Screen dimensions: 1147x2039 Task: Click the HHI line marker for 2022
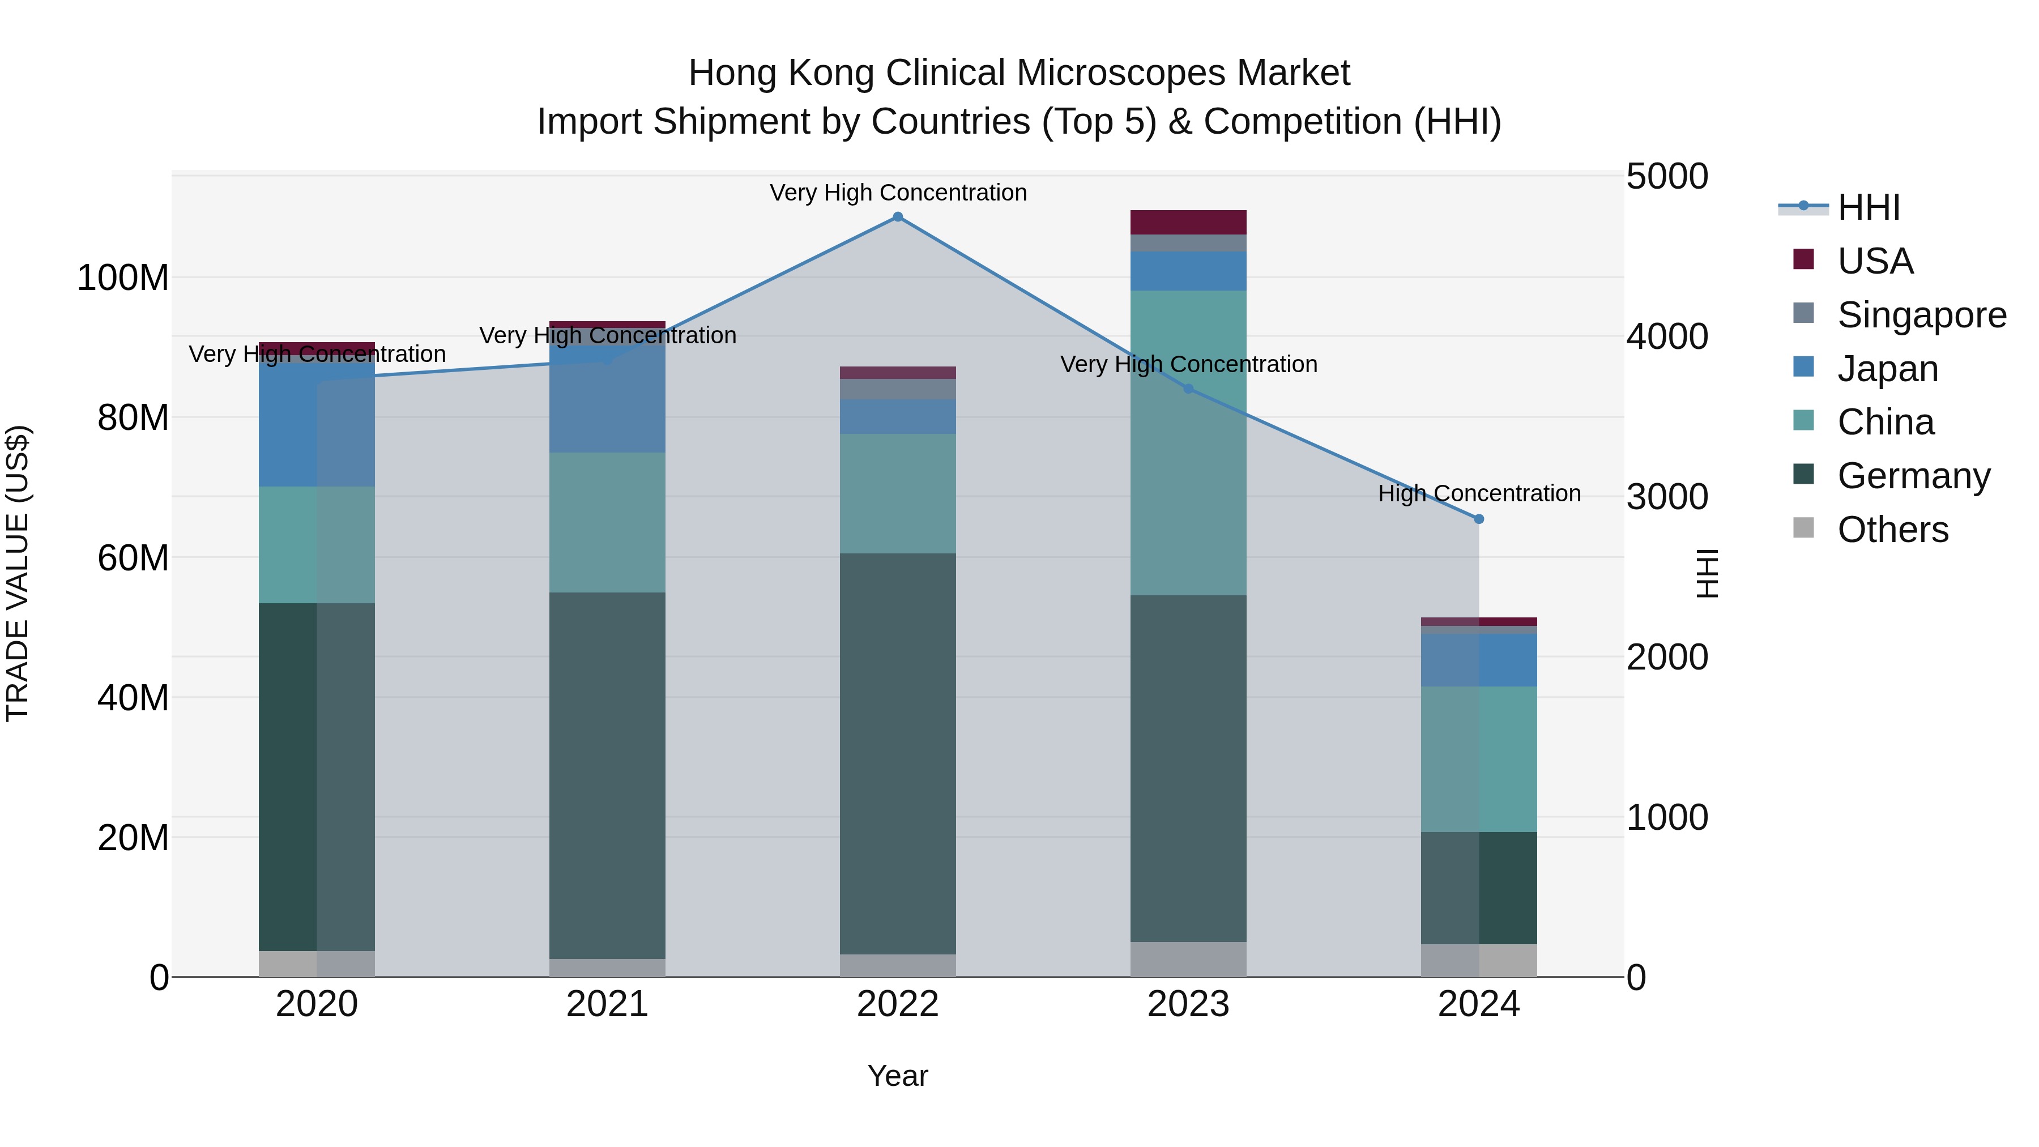898,217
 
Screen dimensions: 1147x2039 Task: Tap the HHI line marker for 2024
1479,519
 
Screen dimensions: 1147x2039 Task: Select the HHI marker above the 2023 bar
1188,389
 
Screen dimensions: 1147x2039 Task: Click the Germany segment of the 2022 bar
898,752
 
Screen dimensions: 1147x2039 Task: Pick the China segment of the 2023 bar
1188,444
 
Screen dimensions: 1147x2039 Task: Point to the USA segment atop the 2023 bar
1188,223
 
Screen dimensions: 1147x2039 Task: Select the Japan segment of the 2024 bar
1479,660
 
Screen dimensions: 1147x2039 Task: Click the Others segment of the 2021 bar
607,967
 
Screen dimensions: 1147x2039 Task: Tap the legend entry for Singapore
1921,315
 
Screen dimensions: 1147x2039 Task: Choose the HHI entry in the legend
1868,207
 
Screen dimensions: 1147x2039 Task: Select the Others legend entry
1892,530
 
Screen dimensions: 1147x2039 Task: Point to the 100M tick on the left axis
123,279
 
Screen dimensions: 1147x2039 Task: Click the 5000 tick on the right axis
1667,177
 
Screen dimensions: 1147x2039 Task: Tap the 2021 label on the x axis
607,1004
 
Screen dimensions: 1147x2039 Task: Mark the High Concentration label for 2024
1479,493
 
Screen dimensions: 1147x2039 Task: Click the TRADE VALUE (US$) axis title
18,573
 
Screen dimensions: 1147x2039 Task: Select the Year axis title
898,1076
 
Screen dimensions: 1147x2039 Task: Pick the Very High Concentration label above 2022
898,193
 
